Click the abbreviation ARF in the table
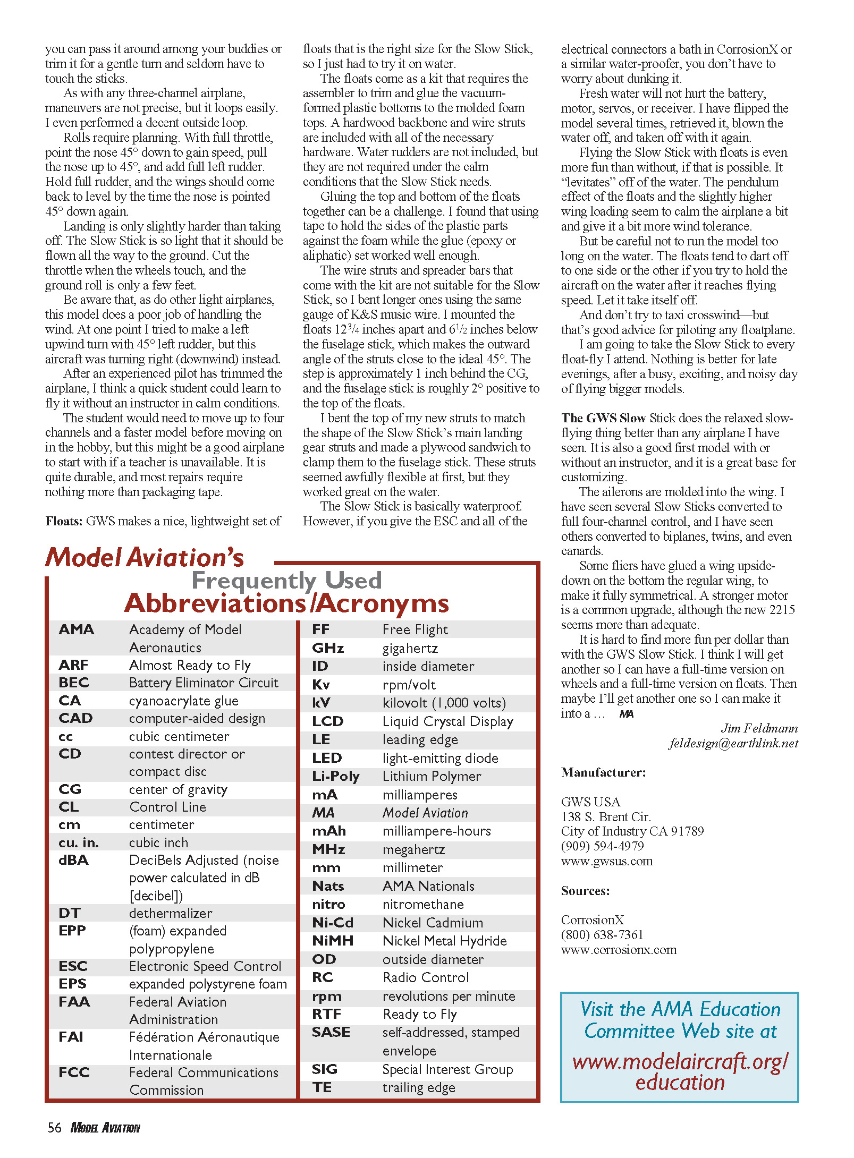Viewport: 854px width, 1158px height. (x=73, y=665)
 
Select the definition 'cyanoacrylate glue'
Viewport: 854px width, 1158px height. (x=183, y=701)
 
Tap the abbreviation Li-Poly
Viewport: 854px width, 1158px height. (x=335, y=776)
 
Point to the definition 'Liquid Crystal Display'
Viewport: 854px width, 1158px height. (x=447, y=721)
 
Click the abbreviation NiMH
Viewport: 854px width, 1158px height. (x=333, y=941)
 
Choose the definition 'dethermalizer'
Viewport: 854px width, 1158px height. (x=171, y=913)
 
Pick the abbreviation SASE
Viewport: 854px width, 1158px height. (x=331, y=1032)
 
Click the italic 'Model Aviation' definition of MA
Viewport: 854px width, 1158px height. (x=425, y=813)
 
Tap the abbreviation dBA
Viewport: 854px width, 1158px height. (x=73, y=860)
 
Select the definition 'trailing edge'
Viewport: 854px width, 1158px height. (x=418, y=1087)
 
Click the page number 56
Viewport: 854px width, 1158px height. (x=54, y=1128)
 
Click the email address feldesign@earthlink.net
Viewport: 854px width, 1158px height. (x=733, y=743)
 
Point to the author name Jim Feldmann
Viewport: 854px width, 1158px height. (x=759, y=728)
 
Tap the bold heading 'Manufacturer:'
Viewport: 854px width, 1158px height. (x=603, y=772)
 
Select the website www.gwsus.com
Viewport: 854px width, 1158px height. (x=606, y=861)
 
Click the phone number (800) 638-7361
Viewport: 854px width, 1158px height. (x=602, y=934)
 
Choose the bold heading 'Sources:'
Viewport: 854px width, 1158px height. (x=585, y=891)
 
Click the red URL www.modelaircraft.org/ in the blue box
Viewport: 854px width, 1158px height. (x=680, y=1062)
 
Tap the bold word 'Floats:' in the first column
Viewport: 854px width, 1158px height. (x=64, y=521)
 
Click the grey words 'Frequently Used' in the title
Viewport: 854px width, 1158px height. (x=286, y=580)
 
